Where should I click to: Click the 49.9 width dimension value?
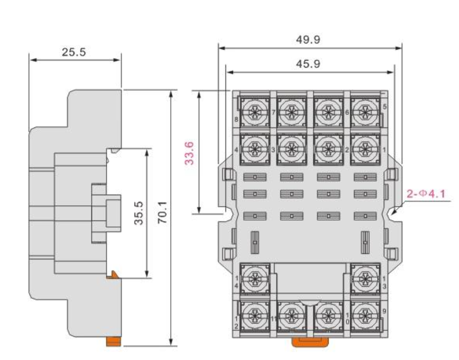pyautogui.click(x=308, y=39)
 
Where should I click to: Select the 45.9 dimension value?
pyautogui.click(x=308, y=64)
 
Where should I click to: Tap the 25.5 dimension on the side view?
pyautogui.click(x=74, y=52)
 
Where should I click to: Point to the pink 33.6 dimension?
pyautogui.click(x=190, y=153)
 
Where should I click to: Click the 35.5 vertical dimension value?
pyautogui.click(x=139, y=213)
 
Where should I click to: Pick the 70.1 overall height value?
pyautogui.click(x=162, y=213)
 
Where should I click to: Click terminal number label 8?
pyautogui.click(x=236, y=119)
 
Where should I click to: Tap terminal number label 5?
pyautogui.click(x=385, y=107)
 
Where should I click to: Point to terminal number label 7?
pyautogui.click(x=273, y=112)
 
